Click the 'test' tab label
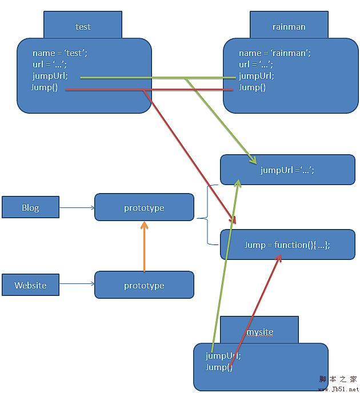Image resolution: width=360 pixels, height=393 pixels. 83,26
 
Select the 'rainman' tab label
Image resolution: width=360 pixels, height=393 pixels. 289,26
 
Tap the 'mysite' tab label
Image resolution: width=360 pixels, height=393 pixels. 259,332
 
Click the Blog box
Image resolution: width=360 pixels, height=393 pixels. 30,207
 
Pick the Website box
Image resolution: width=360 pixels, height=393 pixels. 30,285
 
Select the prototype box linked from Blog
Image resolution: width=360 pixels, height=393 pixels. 144,207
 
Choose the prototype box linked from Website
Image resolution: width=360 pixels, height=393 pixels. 144,285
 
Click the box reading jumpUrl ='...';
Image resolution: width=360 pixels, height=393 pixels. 287,170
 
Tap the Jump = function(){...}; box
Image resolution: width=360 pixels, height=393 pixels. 287,244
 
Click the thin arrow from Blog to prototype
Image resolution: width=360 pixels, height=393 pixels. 77,207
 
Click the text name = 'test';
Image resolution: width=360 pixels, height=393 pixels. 60,53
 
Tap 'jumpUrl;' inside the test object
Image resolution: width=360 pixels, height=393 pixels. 50,76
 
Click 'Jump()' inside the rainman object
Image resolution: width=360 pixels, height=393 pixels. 252,87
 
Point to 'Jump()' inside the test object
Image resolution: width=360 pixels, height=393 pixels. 45,87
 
